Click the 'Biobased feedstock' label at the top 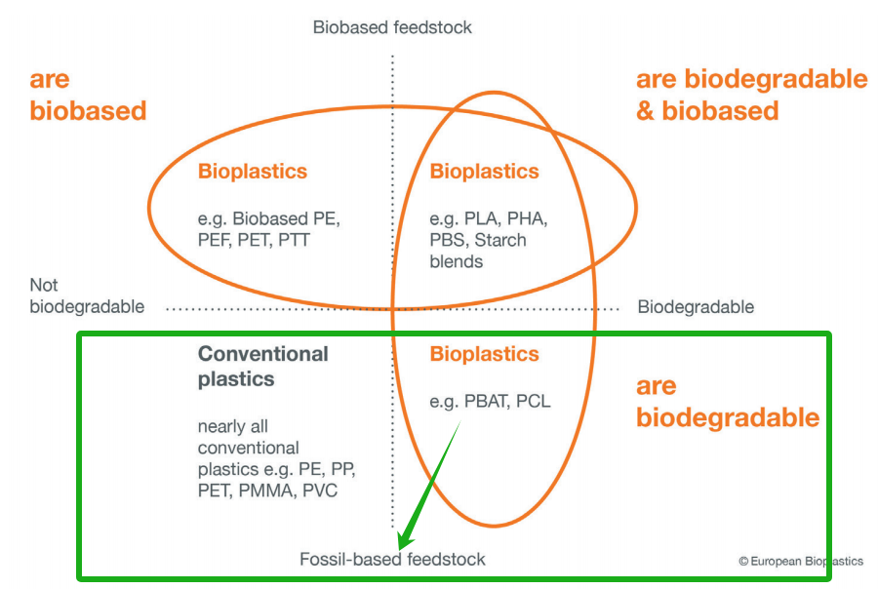(392, 27)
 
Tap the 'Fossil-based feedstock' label (392, 559)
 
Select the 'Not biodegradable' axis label (87, 295)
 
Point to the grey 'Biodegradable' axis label (696, 307)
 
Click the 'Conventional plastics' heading (262, 366)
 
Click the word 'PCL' (533, 402)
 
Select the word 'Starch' (500, 240)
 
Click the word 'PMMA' (266, 491)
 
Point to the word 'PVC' (320, 491)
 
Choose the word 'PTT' (294, 240)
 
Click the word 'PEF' (216, 240)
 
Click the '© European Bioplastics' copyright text (801, 561)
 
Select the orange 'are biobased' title (88, 95)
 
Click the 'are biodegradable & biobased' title (751, 95)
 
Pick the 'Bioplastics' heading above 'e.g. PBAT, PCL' (484, 354)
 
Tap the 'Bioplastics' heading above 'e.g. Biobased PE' (253, 172)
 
